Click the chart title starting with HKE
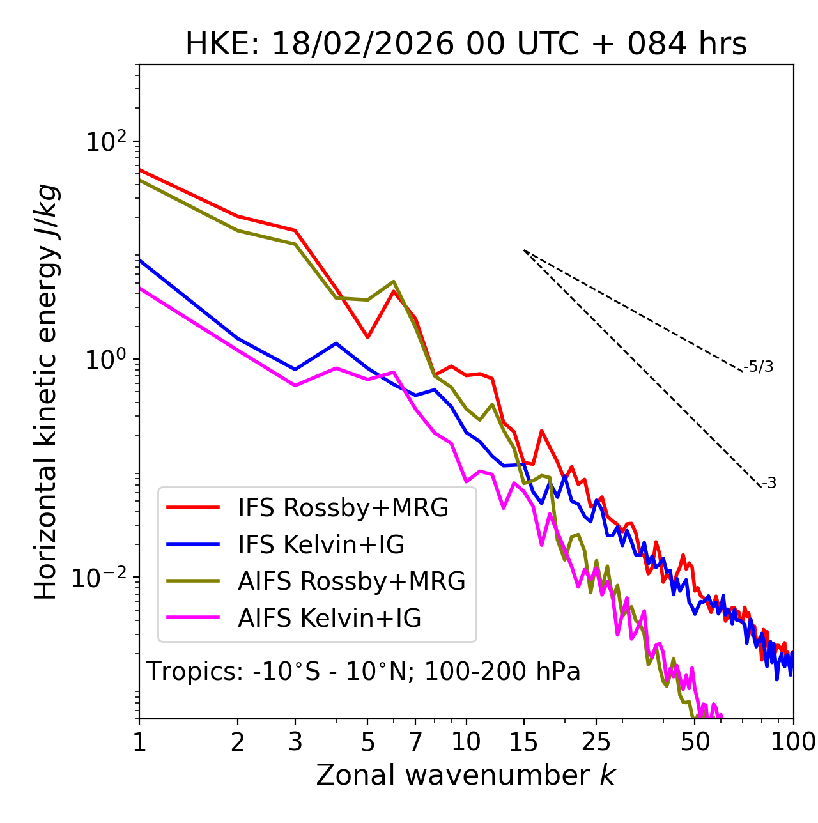point(466,45)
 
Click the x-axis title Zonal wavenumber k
point(465,775)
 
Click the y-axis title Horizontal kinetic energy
point(46,392)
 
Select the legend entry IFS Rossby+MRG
point(343,508)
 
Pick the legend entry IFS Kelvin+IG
point(321,545)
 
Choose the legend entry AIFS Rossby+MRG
point(351,581)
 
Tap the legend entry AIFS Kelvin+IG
point(329,619)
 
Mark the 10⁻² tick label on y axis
point(102,578)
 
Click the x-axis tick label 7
point(415,742)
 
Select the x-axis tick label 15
point(523,742)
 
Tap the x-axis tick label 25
point(596,742)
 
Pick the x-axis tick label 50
point(695,742)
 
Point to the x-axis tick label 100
point(793,742)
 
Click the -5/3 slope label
point(759,367)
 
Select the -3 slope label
point(769,484)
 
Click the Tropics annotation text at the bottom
point(363,672)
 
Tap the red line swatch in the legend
point(193,508)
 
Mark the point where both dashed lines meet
point(523,250)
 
